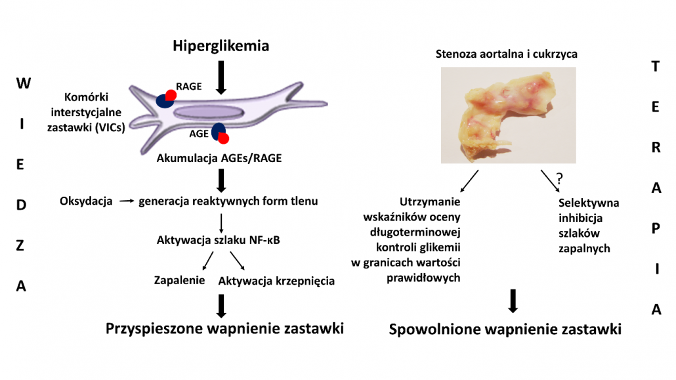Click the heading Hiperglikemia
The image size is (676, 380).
pos(221,46)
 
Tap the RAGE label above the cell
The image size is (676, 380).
pos(189,86)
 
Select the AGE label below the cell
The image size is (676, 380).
pos(199,134)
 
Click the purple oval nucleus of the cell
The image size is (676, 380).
pos(209,112)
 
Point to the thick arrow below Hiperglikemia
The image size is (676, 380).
pos(221,77)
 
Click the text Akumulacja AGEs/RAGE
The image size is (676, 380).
pos(219,158)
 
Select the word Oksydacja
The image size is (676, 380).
pos(86,201)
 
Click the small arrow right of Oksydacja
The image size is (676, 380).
pos(127,201)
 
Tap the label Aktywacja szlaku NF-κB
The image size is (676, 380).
pos(218,240)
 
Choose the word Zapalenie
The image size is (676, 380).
pos(179,280)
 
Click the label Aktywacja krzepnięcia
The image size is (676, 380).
pos(276,281)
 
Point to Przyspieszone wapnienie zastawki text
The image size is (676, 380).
pos(224,329)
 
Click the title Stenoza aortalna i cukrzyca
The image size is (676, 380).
pos(506,54)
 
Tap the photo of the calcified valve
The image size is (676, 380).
pos(508,115)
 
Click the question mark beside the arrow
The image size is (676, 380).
pos(560,178)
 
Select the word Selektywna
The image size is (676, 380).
pos(589,203)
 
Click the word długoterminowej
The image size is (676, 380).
pos(415,232)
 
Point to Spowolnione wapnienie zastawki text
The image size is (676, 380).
pos(505,329)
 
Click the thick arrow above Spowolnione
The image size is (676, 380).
pos(513,301)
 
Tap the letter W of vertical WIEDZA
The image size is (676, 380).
pos(24,83)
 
